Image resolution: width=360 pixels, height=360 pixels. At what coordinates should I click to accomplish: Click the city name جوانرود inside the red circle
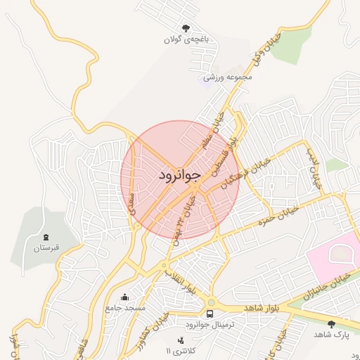[180, 174]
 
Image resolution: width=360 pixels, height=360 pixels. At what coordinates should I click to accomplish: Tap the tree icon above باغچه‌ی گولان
[186, 28]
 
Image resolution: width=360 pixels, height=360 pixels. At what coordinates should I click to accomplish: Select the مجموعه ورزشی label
[227, 77]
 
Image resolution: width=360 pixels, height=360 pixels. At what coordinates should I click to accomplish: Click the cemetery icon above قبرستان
[47, 237]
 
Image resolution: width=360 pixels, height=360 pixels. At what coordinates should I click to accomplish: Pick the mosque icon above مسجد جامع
[125, 297]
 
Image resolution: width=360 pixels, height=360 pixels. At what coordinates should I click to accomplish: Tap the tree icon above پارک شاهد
[331, 323]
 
